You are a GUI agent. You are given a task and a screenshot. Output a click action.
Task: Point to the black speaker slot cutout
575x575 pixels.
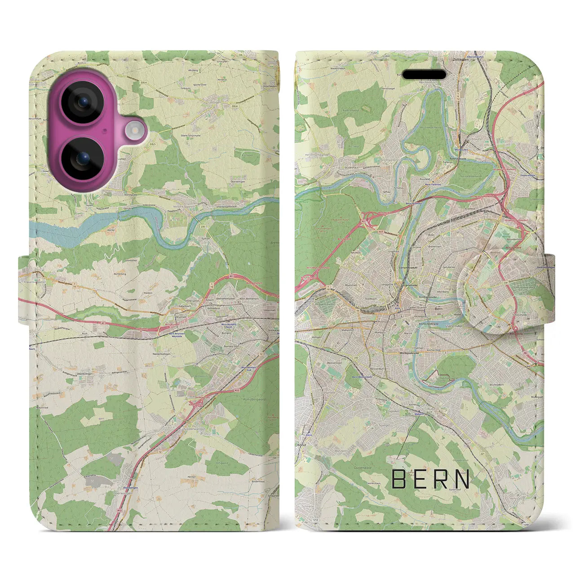point(424,75)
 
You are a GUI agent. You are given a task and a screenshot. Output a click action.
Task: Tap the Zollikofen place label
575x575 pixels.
point(463,59)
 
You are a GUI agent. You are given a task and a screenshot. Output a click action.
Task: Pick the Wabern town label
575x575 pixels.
point(420,414)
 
